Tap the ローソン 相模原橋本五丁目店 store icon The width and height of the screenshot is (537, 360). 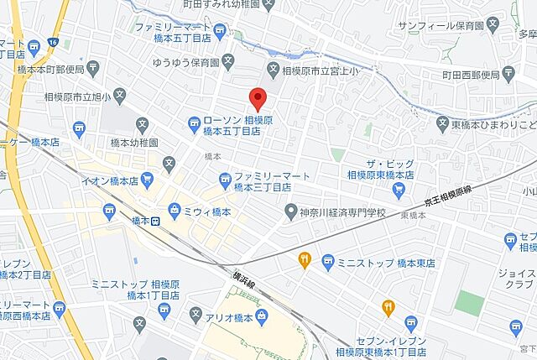pos(194,123)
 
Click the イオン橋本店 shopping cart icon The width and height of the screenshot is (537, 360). pos(148,179)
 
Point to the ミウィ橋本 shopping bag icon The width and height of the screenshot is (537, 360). pos(174,209)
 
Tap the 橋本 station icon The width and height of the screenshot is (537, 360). pos(155,222)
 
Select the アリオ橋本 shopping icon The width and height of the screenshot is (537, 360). pos(262,316)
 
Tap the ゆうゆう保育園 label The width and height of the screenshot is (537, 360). pos(185,63)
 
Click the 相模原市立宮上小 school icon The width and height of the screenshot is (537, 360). pos(273,68)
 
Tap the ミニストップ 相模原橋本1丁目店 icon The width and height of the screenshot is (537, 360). pos(164,310)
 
